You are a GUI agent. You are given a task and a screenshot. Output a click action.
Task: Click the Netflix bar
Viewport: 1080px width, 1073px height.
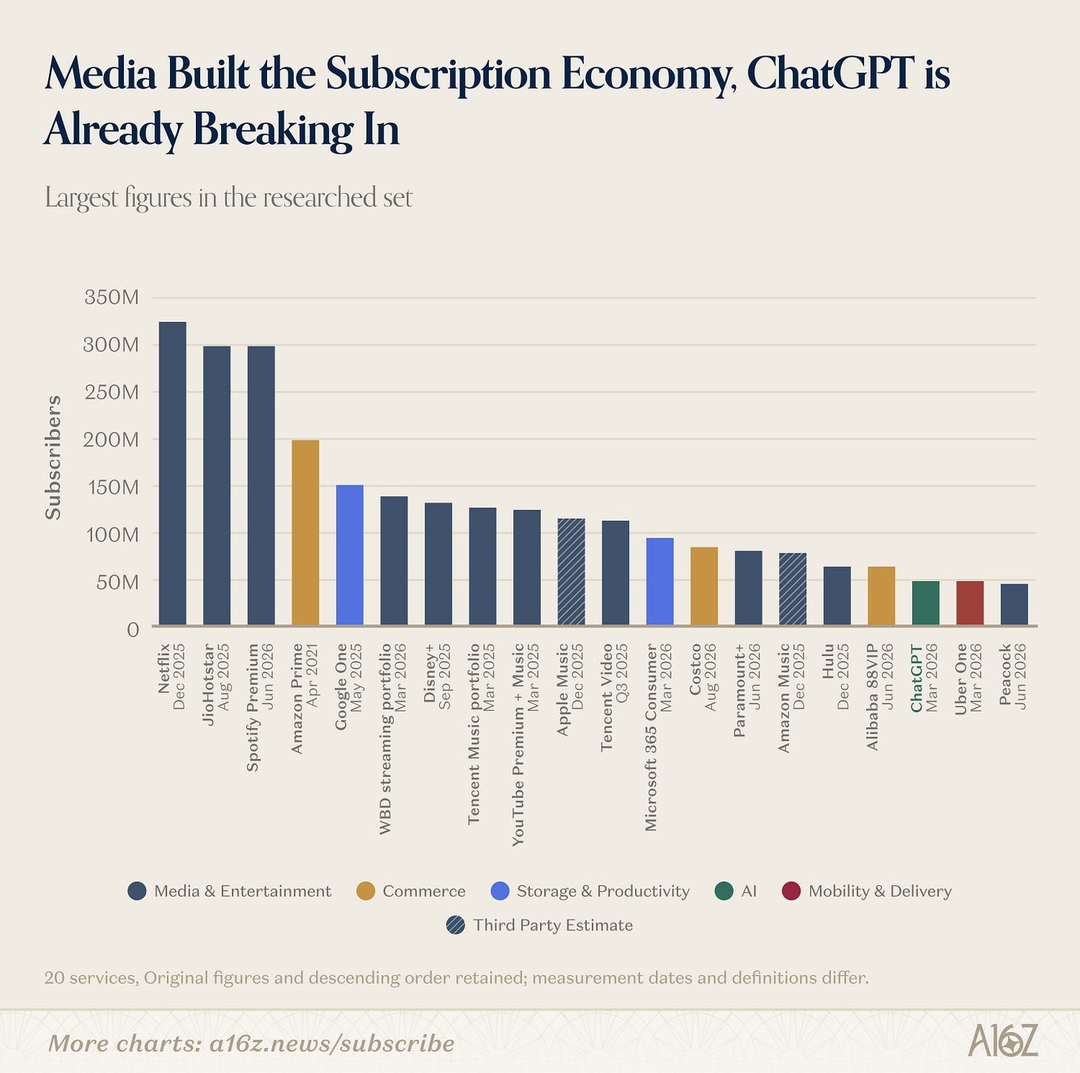click(x=173, y=473)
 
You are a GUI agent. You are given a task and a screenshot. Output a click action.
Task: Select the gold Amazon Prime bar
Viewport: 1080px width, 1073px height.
click(x=306, y=532)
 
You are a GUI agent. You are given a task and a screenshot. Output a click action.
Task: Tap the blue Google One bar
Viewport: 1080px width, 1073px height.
click(x=349, y=555)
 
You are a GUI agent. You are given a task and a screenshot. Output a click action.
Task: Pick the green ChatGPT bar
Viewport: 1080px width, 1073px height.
click(x=926, y=603)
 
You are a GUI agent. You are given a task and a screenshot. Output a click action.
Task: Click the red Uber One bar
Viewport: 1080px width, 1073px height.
click(x=970, y=603)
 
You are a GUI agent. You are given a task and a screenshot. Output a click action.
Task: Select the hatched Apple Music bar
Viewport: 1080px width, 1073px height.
click(x=571, y=571)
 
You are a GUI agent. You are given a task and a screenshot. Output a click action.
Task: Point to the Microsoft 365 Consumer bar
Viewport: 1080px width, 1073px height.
click(x=659, y=582)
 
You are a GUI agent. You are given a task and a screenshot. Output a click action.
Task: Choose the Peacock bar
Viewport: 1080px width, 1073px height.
click(x=1015, y=605)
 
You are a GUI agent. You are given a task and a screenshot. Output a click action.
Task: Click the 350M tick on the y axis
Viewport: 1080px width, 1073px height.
click(x=111, y=298)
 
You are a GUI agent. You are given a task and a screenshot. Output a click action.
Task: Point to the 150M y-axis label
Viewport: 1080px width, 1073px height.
click(x=113, y=486)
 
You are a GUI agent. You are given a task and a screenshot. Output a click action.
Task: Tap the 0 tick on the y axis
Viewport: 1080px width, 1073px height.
click(x=133, y=629)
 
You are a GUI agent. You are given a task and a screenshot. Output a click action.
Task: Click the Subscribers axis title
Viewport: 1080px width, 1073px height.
click(x=53, y=458)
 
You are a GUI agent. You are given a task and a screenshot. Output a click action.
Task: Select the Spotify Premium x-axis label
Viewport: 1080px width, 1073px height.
click(x=260, y=707)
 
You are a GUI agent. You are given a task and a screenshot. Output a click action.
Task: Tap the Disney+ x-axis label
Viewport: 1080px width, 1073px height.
click(x=437, y=677)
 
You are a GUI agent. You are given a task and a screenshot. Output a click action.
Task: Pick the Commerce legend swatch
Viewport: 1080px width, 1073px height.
click(x=366, y=891)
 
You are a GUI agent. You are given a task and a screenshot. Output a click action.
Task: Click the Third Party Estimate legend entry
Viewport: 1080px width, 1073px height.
click(x=540, y=925)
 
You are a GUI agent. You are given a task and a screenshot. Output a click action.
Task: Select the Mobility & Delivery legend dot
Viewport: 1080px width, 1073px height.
click(x=791, y=891)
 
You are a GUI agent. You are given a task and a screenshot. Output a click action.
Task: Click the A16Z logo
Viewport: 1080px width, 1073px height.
click(x=1003, y=1040)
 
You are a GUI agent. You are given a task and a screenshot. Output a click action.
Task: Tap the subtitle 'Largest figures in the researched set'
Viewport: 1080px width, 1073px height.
click(x=228, y=197)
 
